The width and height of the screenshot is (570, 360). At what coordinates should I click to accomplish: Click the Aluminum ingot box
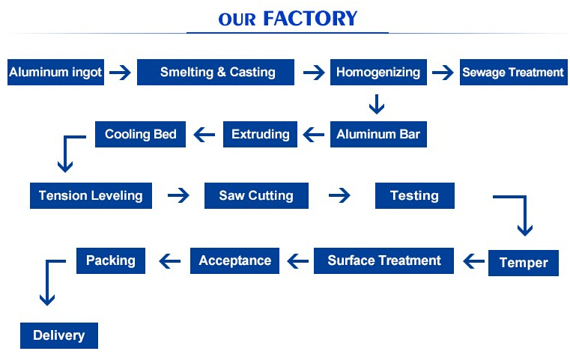tap(55, 73)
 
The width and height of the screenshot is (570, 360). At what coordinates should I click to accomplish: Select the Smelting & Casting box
tap(216, 73)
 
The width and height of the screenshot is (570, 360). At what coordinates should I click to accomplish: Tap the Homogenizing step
tap(378, 73)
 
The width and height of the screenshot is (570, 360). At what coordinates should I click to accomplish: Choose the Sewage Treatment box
tap(514, 73)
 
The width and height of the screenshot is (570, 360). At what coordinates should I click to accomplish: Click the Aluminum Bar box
tap(378, 135)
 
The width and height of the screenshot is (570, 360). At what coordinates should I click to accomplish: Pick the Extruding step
tap(260, 135)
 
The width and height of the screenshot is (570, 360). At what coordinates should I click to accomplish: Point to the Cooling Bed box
tap(140, 135)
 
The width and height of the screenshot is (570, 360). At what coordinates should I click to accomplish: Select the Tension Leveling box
tap(91, 196)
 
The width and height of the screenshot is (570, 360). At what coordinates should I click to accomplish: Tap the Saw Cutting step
tap(256, 196)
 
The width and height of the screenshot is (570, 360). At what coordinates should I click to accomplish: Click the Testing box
tap(415, 196)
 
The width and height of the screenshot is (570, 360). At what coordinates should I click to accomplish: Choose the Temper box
tap(524, 263)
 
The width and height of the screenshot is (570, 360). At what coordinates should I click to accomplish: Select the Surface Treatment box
tap(384, 260)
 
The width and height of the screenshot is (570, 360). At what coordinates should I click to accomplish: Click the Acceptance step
tap(235, 260)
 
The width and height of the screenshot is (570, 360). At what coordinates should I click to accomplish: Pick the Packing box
tap(111, 260)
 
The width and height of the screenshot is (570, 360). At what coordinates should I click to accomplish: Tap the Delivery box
tap(59, 335)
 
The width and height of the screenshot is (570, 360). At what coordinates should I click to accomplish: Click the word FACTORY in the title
tap(310, 19)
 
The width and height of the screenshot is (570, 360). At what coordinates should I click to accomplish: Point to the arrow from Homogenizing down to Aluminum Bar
tap(377, 104)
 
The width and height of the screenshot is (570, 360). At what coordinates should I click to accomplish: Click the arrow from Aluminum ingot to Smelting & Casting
tap(120, 73)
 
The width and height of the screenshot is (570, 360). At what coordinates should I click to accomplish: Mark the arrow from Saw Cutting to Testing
tap(339, 196)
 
